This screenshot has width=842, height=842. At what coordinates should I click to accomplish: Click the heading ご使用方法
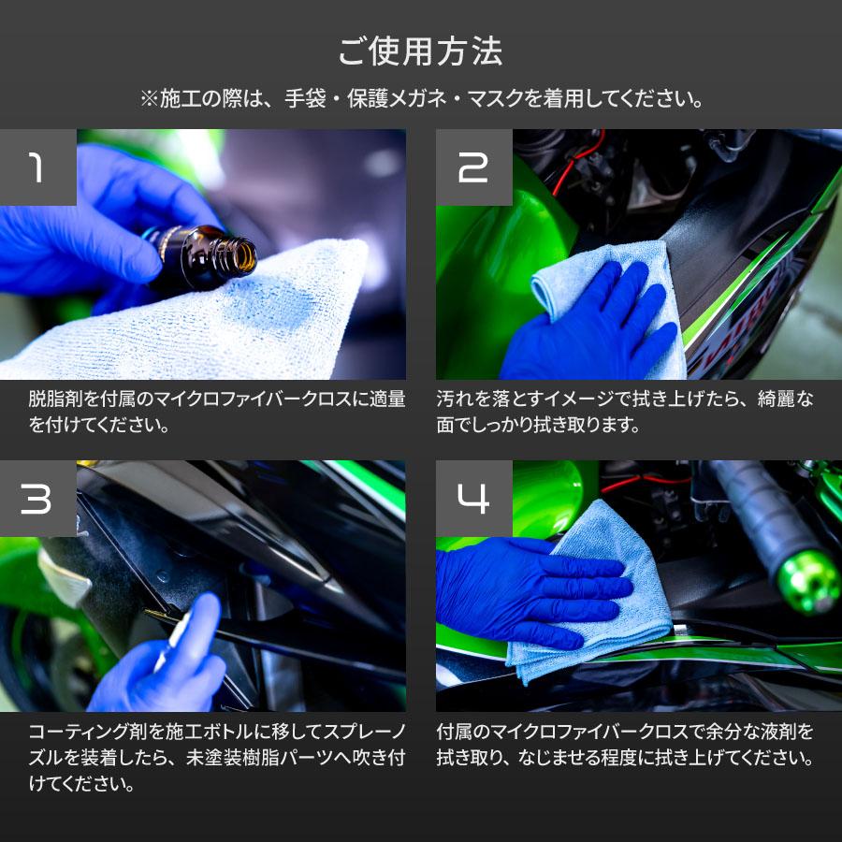pyautogui.click(x=420, y=51)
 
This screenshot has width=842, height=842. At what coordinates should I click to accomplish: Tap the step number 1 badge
pyautogui.click(x=38, y=167)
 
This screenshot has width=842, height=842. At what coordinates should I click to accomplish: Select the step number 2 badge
pyautogui.click(x=473, y=167)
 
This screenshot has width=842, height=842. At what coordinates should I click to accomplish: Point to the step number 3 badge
pyautogui.click(x=38, y=499)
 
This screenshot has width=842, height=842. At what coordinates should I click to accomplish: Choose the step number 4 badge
pyautogui.click(x=473, y=499)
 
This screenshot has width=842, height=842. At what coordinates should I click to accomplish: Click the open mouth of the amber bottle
pyautogui.click(x=245, y=256)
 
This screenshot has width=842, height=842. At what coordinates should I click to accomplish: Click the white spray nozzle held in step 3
pyautogui.click(x=172, y=639)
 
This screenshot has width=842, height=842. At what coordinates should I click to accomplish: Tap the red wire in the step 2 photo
pyautogui.click(x=574, y=161)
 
